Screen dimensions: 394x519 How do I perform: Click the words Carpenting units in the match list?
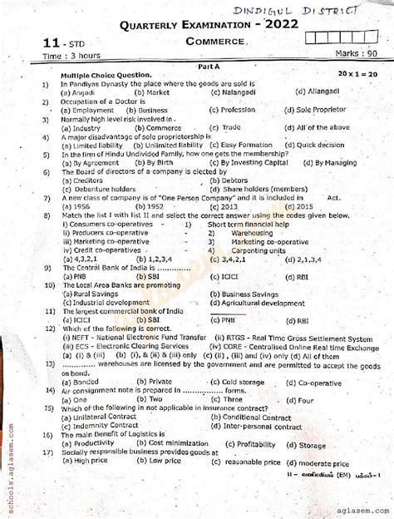click(x=250, y=249)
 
